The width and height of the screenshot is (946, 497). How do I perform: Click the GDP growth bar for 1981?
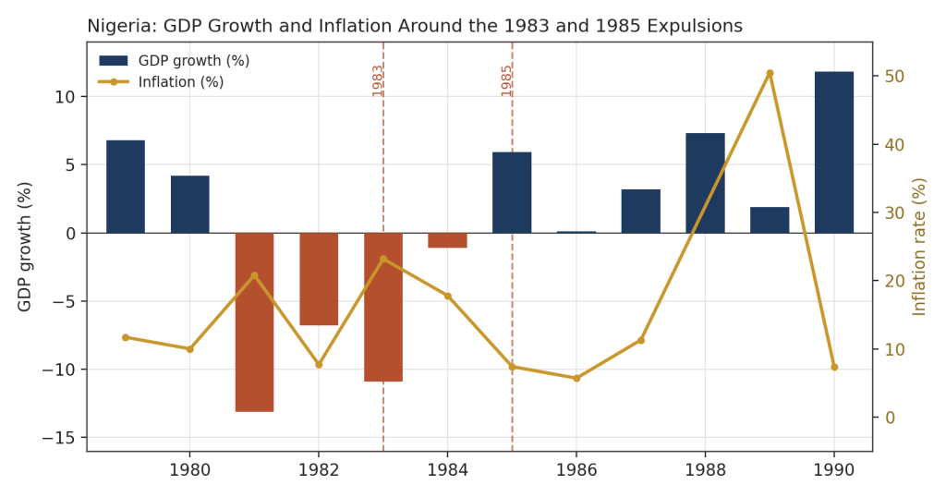pyautogui.click(x=254, y=322)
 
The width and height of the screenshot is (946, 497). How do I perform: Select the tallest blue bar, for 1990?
pyautogui.click(x=834, y=152)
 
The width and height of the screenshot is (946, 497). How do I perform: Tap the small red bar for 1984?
pyautogui.click(x=448, y=240)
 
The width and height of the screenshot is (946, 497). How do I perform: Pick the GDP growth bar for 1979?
pyautogui.click(x=126, y=187)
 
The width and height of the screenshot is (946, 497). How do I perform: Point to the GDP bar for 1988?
pyautogui.click(x=705, y=183)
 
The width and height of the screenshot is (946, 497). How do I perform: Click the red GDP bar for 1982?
pyautogui.click(x=319, y=279)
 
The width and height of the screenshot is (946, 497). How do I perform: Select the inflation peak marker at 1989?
pyautogui.click(x=770, y=73)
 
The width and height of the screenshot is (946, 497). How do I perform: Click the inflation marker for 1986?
pyautogui.click(x=576, y=378)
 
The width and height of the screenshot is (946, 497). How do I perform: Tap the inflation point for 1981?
pyautogui.click(x=254, y=275)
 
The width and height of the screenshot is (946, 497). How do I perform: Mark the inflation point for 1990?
pyautogui.click(x=834, y=367)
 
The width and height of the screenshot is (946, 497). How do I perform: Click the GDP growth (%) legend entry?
pyautogui.click(x=175, y=60)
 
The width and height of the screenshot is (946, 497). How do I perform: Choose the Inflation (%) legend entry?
pyautogui.click(x=161, y=82)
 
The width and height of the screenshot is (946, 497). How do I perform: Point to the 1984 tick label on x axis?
pyautogui.click(x=448, y=470)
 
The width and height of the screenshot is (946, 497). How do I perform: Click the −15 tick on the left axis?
pyautogui.click(x=61, y=438)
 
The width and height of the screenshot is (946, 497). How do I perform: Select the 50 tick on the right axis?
pyautogui.click(x=894, y=77)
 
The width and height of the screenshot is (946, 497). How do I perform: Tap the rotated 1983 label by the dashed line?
pyautogui.click(x=378, y=80)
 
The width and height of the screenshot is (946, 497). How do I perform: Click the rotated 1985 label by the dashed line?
pyautogui.click(x=507, y=80)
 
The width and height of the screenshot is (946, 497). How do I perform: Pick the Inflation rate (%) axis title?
pyautogui.click(x=919, y=247)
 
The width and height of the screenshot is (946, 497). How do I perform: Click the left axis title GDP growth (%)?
pyautogui.click(x=24, y=247)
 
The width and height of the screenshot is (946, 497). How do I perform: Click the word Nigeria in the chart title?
pyautogui.click(x=119, y=26)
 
